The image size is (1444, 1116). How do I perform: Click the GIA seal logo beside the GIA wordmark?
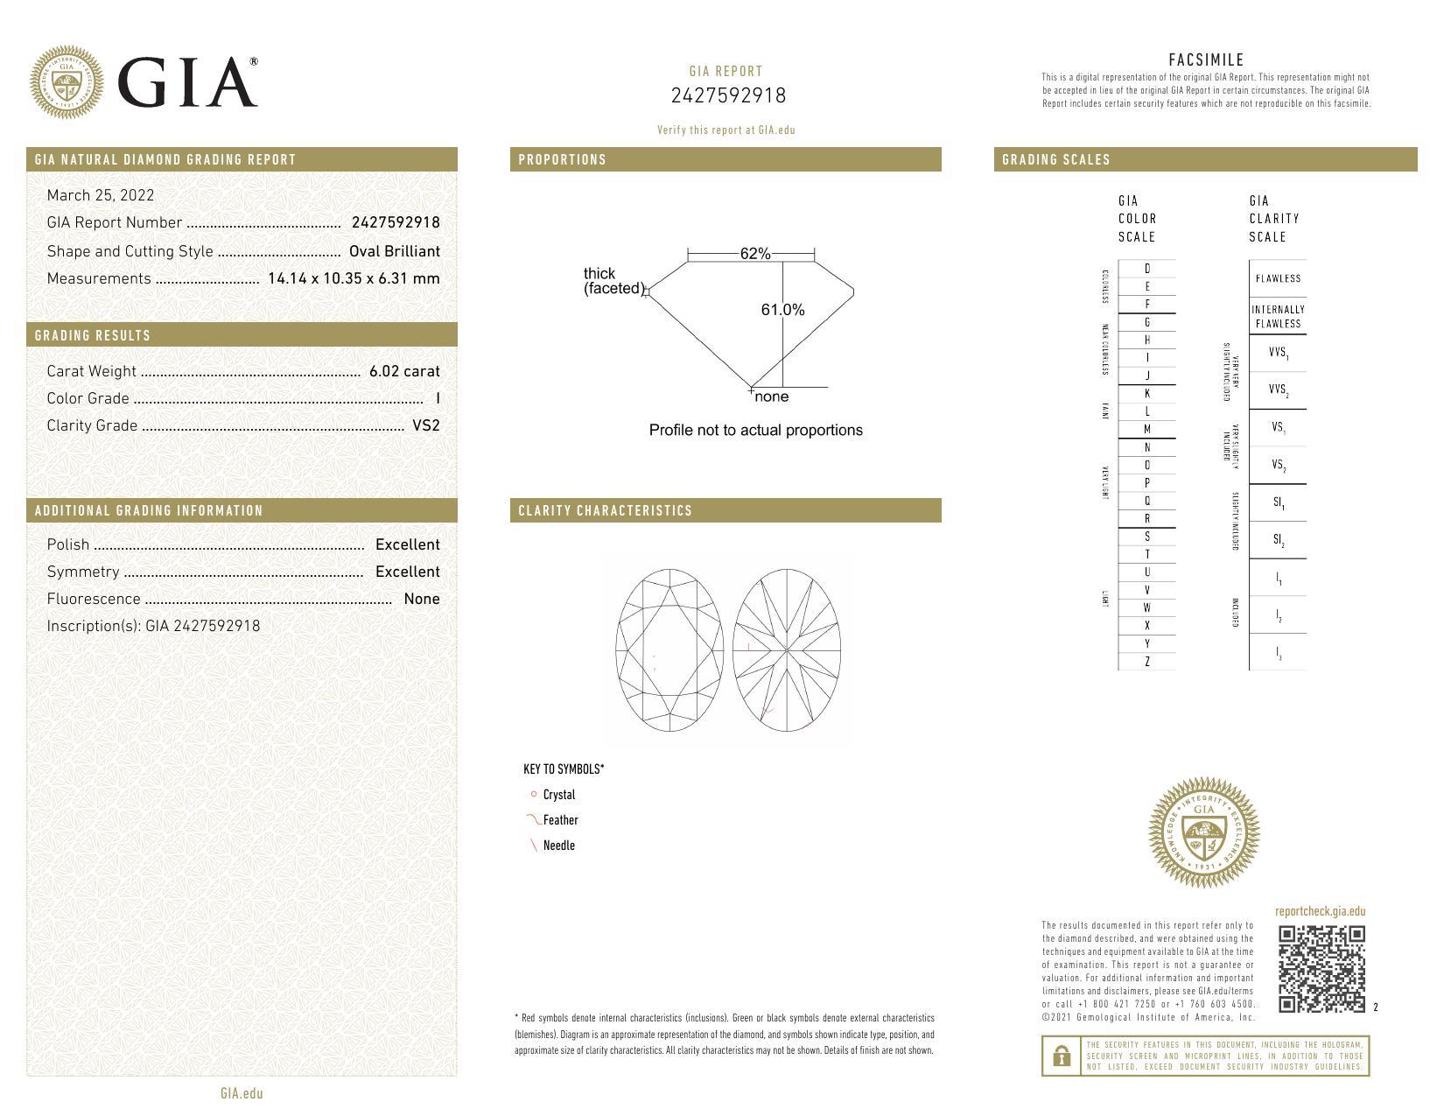click(66, 82)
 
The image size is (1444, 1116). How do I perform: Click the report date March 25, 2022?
click(101, 195)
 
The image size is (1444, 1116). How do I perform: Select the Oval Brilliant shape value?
click(394, 251)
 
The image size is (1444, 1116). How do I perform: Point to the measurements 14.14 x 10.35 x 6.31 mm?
click(354, 278)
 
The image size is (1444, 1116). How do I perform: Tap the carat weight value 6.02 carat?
click(404, 371)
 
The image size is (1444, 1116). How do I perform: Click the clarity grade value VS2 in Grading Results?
click(425, 425)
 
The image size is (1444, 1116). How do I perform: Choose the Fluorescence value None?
click(421, 599)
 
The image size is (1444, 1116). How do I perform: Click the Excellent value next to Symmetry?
click(407, 572)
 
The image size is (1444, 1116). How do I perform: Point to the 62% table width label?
click(754, 254)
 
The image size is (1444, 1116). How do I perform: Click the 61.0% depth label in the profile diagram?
click(782, 310)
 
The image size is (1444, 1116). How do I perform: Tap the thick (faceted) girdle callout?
click(613, 281)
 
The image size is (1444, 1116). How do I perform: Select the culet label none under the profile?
click(771, 397)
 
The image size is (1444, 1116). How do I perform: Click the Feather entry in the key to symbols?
click(560, 820)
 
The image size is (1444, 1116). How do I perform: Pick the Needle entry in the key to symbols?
click(558, 846)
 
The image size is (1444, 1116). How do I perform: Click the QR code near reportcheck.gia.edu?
click(1321, 969)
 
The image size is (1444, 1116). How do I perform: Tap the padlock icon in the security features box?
click(1062, 1056)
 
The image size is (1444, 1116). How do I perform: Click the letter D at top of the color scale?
click(1146, 269)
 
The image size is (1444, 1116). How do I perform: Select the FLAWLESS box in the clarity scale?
click(1278, 278)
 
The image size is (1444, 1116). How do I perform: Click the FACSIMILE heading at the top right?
click(1206, 60)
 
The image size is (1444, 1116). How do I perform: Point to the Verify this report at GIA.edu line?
click(726, 130)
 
